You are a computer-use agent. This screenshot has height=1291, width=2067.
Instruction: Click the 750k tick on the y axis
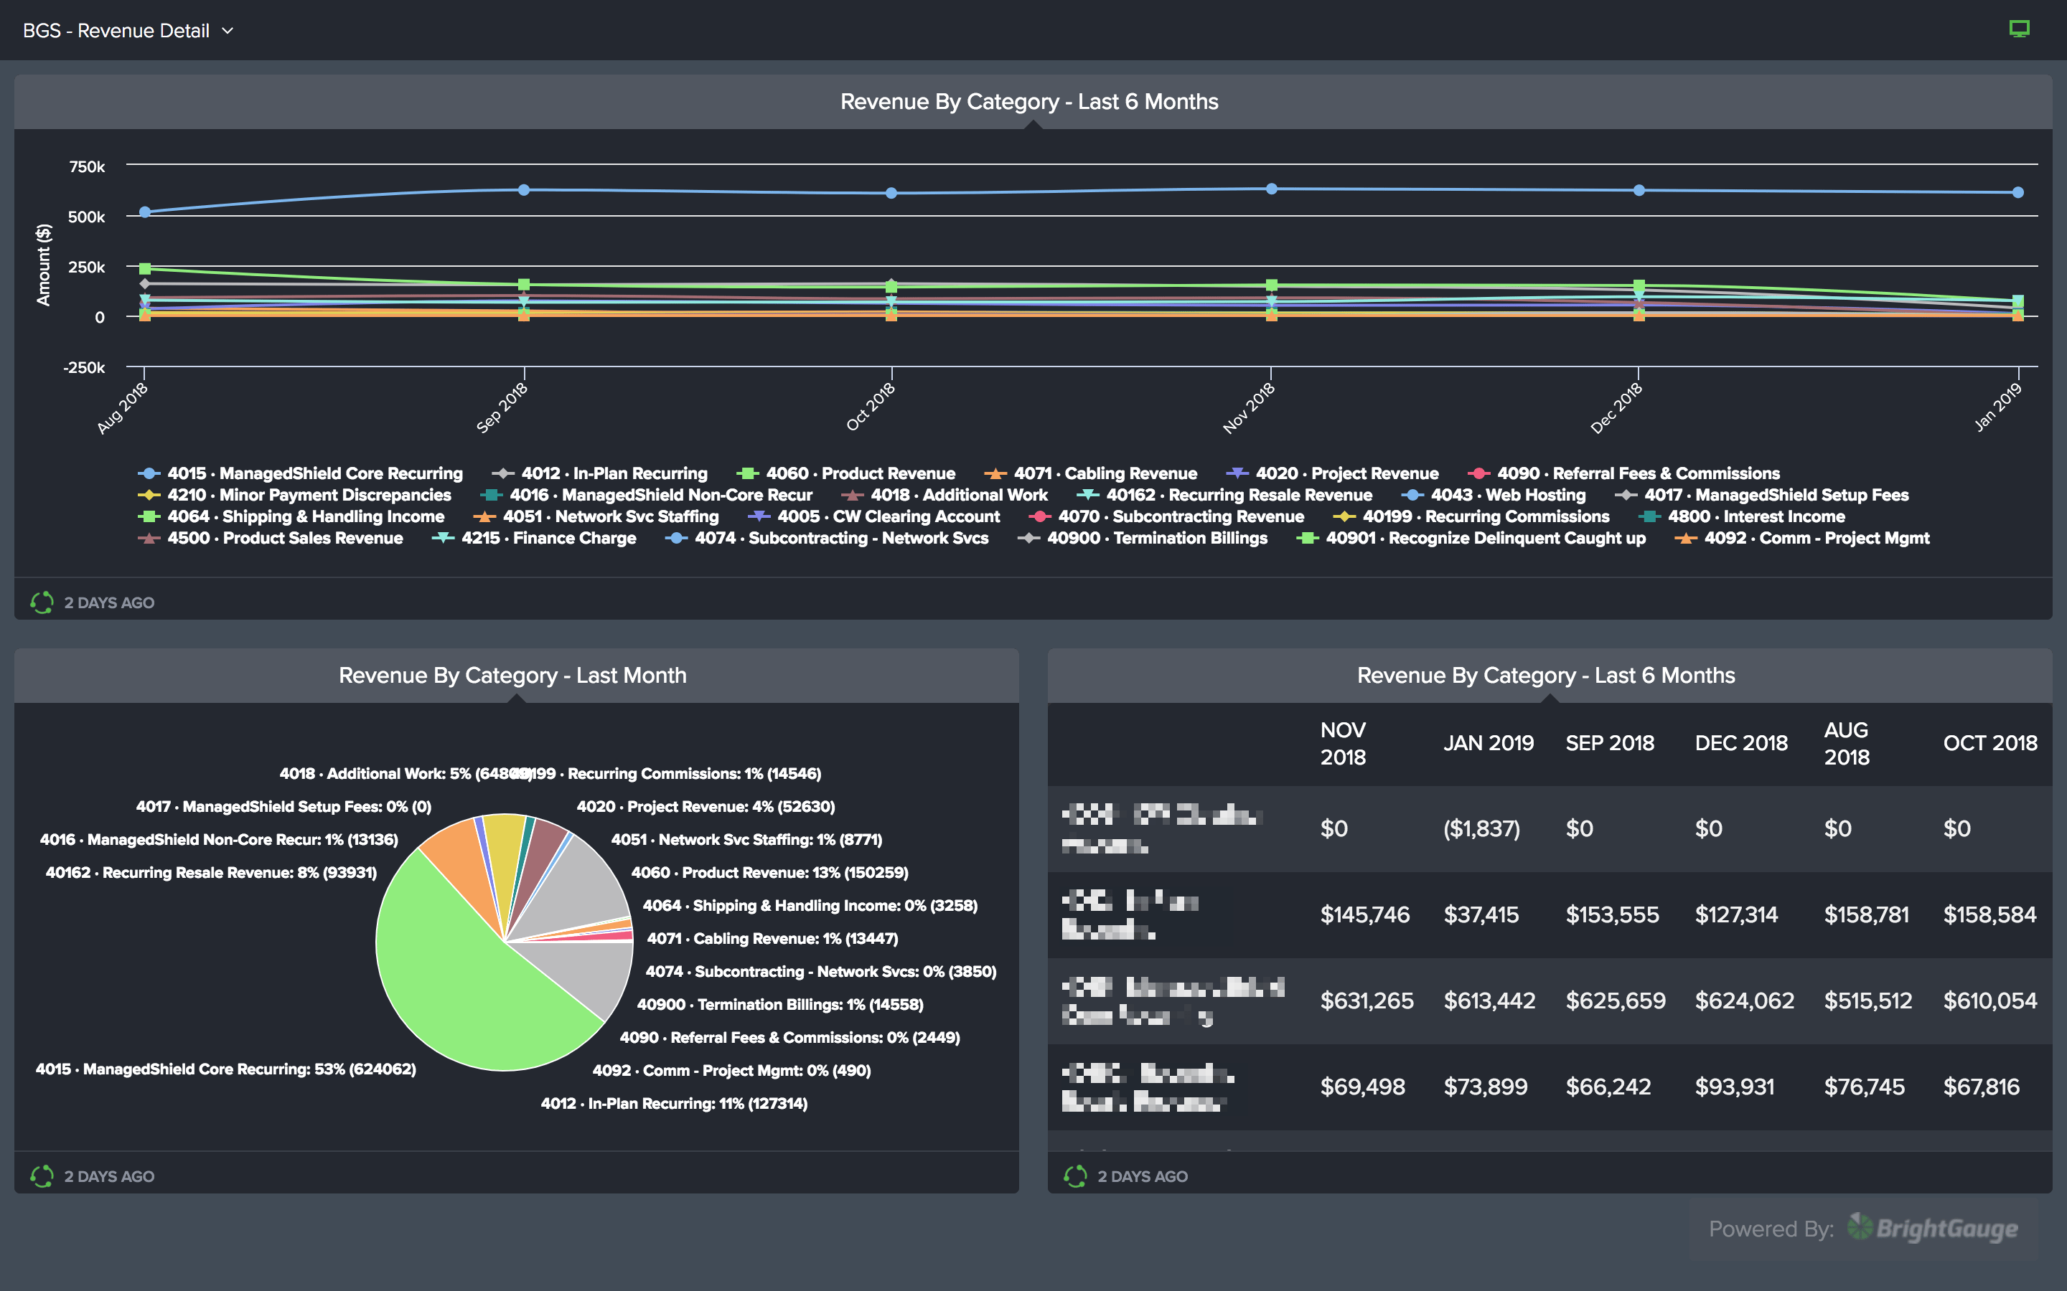tap(87, 166)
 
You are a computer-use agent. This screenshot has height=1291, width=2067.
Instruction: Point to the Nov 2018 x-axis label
tap(1249, 407)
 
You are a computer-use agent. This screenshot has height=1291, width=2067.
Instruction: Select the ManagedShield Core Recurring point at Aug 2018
tap(145, 212)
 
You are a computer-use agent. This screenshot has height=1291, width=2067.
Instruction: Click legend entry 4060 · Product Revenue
tap(859, 473)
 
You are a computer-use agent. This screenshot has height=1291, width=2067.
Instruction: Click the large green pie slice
tap(461, 982)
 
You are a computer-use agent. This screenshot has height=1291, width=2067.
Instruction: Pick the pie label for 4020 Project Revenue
tap(706, 807)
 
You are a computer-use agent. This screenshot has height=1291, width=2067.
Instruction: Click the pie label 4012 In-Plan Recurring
tap(674, 1103)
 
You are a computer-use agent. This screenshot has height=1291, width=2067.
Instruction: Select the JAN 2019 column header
tap(1488, 743)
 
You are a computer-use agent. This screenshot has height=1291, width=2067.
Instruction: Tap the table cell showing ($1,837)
tap(1481, 828)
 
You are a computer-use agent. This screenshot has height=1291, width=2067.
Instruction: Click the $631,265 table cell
tap(1367, 1001)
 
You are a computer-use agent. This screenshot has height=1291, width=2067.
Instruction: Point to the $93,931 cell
tap(1734, 1087)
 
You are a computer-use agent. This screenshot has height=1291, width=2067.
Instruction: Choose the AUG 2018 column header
tap(1847, 743)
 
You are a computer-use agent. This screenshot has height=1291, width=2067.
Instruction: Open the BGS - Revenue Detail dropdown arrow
tap(228, 31)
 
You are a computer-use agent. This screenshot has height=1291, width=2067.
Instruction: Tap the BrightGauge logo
tap(1932, 1228)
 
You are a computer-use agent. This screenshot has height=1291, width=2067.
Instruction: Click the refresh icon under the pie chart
tap(42, 1176)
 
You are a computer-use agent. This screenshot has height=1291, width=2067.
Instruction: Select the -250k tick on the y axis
tap(84, 367)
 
